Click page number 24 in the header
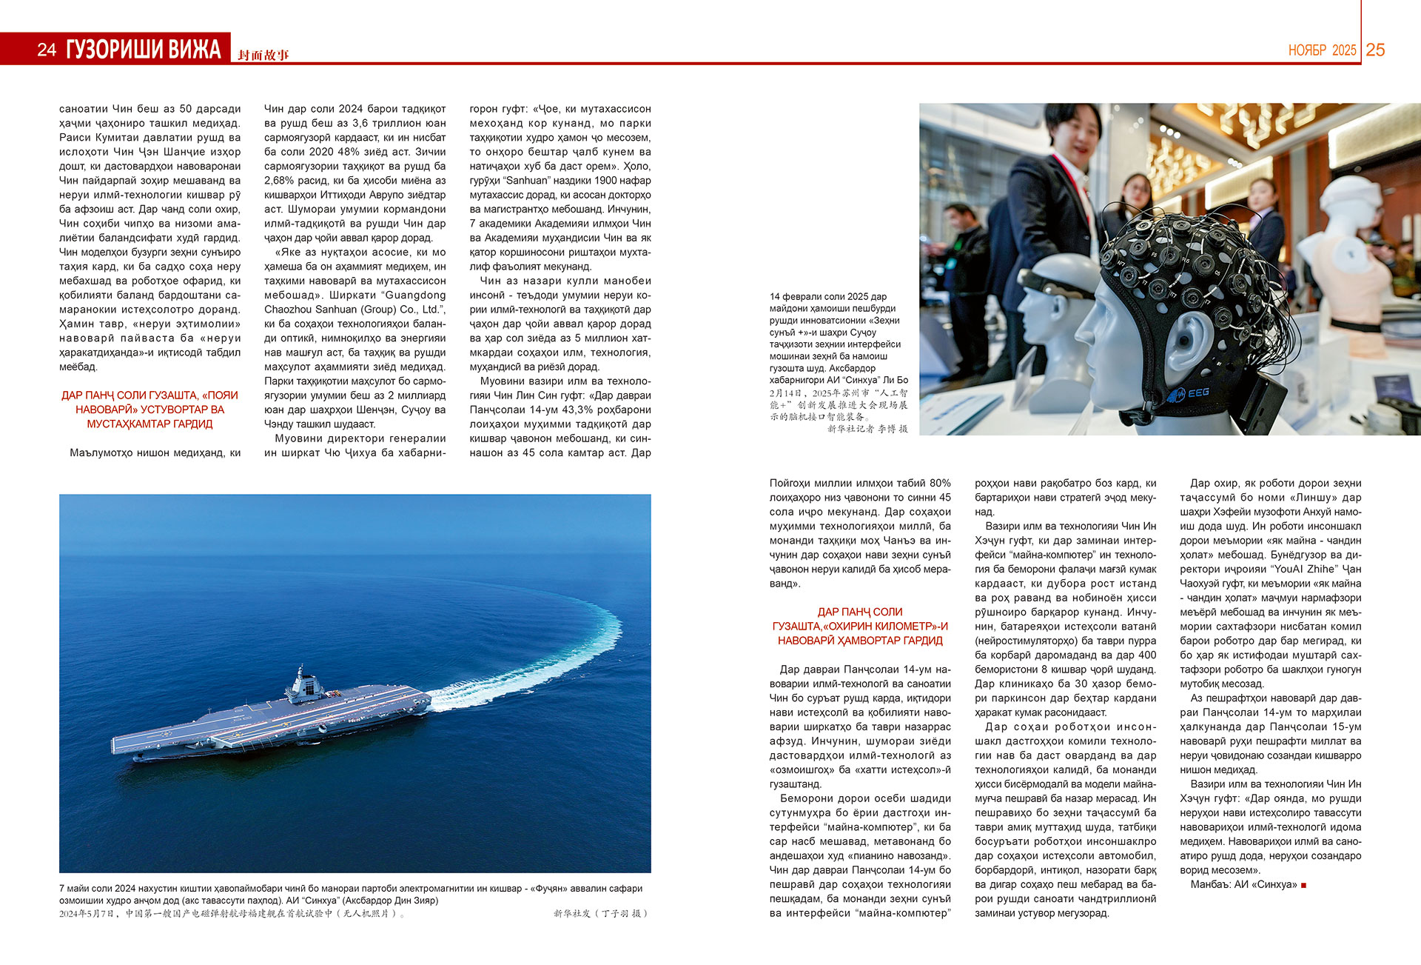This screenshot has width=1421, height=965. coord(47,50)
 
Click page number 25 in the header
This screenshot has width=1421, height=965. coord(1375,50)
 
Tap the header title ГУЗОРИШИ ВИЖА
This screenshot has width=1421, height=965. coord(143,50)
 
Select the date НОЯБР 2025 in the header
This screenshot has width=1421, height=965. coord(1322,50)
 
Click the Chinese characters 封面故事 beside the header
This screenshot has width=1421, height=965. coord(263,55)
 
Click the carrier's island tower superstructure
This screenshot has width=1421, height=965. coord(302,684)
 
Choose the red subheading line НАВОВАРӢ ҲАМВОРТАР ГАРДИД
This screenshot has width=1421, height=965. coord(860,641)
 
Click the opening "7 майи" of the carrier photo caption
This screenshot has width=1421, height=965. coord(75,889)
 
